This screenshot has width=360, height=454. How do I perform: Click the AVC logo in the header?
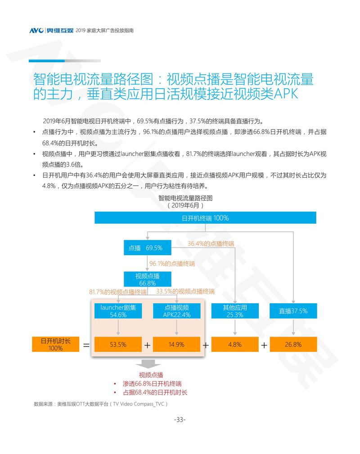[36, 31]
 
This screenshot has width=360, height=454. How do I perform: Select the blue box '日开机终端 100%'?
[205, 218]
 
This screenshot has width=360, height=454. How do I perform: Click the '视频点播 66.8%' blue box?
[148, 279]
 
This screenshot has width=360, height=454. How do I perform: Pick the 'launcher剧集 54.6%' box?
[118, 311]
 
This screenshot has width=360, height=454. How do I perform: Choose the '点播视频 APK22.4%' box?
[176, 311]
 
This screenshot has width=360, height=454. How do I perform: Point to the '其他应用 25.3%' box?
[235, 311]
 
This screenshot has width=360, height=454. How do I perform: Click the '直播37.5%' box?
[293, 311]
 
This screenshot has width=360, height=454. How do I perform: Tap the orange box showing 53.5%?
[118, 344]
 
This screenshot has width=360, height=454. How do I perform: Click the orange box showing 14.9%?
[176, 344]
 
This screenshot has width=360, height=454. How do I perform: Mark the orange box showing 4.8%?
[235, 344]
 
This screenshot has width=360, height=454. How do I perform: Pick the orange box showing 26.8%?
[293, 344]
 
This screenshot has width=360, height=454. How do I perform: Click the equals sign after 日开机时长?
[86, 345]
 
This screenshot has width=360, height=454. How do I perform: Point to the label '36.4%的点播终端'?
[211, 243]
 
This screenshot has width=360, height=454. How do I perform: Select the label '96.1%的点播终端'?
[172, 263]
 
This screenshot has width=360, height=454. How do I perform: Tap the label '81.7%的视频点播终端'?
[118, 292]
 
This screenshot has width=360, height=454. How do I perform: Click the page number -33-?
[180, 420]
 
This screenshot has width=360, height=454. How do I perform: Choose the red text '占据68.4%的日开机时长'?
[155, 392]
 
